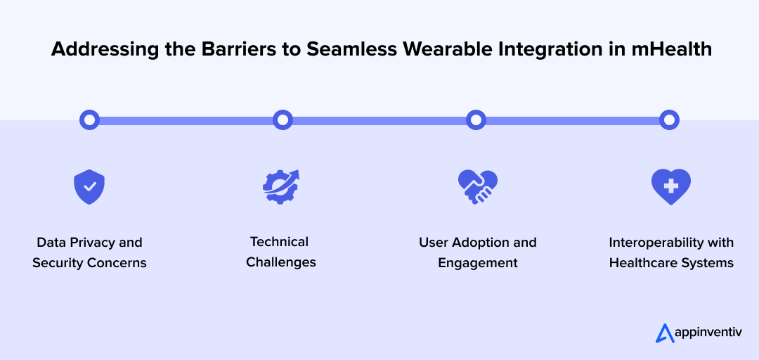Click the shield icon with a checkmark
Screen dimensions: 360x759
[x=89, y=187]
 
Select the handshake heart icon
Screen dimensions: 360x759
[x=477, y=187]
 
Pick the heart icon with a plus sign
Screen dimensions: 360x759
[x=670, y=186]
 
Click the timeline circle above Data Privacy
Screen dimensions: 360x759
[x=89, y=120]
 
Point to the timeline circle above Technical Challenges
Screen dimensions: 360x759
[x=283, y=120]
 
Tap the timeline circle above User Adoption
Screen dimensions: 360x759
[x=476, y=120]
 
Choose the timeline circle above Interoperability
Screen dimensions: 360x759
[x=669, y=120]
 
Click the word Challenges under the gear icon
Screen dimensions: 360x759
[x=281, y=262]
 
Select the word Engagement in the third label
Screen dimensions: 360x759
[x=478, y=263]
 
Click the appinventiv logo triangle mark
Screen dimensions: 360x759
[x=664, y=333]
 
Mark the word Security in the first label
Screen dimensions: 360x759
[x=56, y=263]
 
